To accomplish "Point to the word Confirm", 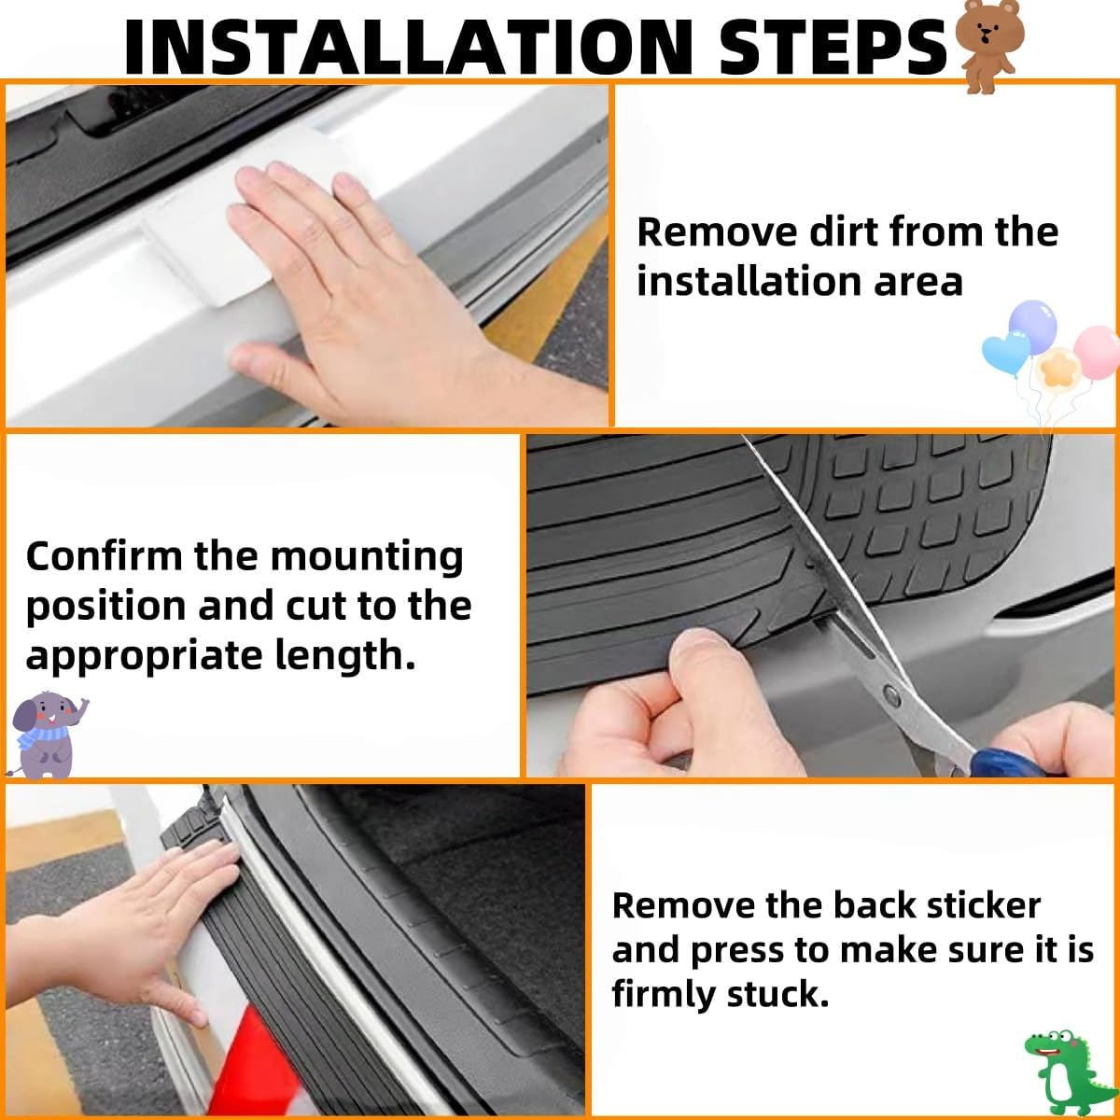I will tap(104, 557).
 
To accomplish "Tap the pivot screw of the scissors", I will tap(889, 693).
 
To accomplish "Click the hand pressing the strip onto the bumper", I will tap(131, 924).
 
